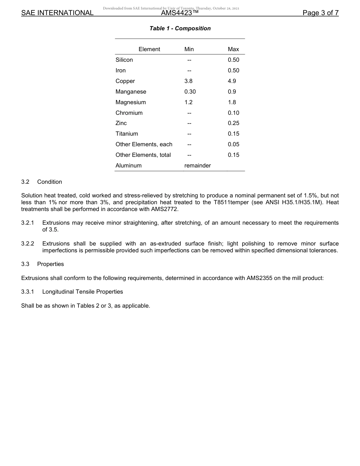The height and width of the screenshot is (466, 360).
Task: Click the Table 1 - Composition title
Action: tap(180, 28)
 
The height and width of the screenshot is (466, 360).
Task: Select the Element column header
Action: tap(149, 49)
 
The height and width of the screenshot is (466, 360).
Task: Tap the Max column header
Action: tap(233, 49)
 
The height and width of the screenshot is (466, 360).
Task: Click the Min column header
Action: tap(189, 49)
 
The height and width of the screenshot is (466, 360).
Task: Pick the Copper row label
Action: tap(125, 81)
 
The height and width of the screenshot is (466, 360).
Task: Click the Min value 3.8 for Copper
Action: tap(188, 81)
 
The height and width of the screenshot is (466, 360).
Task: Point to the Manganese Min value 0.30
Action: tap(190, 92)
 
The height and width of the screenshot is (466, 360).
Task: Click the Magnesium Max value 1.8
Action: tap(232, 102)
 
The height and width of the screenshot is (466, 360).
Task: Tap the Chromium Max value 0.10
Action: tap(233, 113)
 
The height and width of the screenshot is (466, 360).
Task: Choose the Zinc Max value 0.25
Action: tap(233, 123)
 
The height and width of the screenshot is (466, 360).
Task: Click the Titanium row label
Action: tap(127, 134)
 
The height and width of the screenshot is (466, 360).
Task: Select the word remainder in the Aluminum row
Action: tap(197, 166)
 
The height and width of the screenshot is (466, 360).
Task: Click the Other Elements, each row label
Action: tap(144, 144)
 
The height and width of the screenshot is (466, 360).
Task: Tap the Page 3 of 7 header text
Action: tap(320, 13)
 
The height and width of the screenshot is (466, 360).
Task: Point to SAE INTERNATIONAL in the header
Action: tap(57, 13)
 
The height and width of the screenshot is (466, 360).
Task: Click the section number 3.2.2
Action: tap(28, 244)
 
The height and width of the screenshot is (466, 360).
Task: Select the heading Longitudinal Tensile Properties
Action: tap(83, 292)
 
